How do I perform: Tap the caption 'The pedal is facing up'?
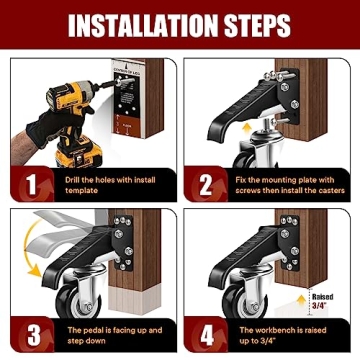[x=100, y=333]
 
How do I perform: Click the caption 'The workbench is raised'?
[x=275, y=333]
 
